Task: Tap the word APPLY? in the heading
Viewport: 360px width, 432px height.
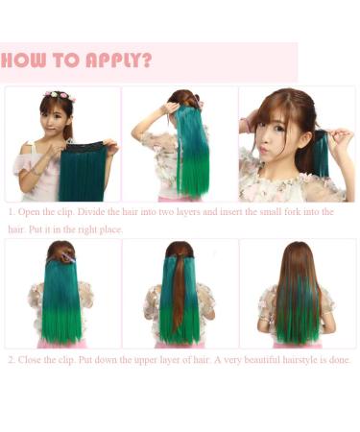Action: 121,60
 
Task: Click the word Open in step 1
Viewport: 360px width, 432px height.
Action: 31,212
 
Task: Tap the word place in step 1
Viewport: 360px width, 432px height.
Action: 109,229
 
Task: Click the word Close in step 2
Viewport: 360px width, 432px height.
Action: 33,360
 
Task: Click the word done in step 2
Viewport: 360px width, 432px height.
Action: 341,360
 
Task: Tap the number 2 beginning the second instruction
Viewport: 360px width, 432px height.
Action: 11,360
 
